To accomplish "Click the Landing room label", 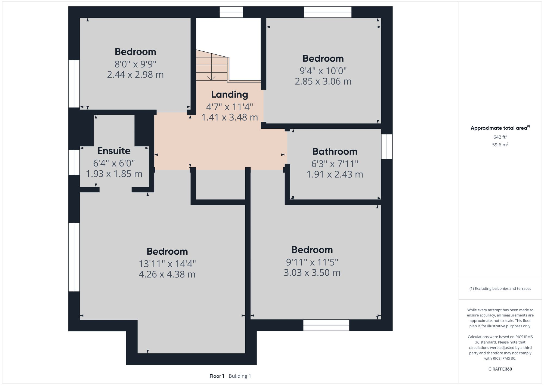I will pos(230,94).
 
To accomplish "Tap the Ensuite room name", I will pos(114,150).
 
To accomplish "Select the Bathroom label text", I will pos(335,151).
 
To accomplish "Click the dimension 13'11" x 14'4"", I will pos(167,264).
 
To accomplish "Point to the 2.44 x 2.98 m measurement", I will pos(135,75).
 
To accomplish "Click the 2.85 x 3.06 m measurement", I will pos(323,81).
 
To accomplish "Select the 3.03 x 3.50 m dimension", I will pos(312,273).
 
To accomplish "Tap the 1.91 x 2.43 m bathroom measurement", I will pos(335,174).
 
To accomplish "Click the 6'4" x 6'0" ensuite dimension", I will pos(114,163).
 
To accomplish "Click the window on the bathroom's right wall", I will pos(387,147).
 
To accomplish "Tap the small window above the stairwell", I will pos(231,12).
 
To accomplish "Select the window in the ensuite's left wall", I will pos(74,162).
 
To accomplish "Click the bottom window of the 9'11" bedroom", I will pos(326,325).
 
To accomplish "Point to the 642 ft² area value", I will pos(500,137).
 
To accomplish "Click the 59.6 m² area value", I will pos(500,145).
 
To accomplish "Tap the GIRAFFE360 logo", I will pos(500,369).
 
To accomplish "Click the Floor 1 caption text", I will pos(217,376).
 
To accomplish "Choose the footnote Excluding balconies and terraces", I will pos(500,288).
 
